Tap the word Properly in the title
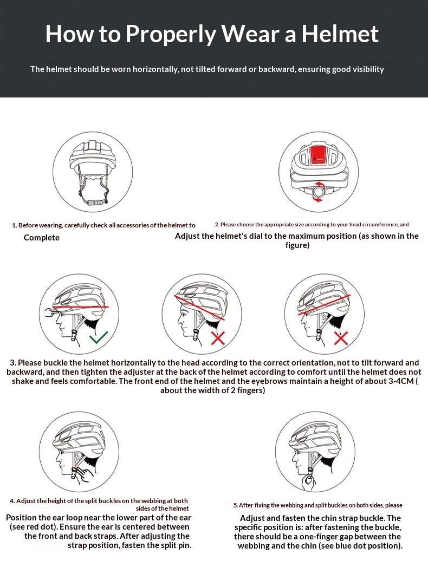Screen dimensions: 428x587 click(x=171, y=35)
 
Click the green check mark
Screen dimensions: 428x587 click(x=99, y=337)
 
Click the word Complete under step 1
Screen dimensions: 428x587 click(x=42, y=238)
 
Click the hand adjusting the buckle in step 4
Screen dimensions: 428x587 click(x=83, y=475)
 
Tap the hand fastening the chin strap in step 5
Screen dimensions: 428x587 click(x=309, y=481)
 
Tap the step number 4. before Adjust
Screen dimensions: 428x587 click(x=12, y=501)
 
